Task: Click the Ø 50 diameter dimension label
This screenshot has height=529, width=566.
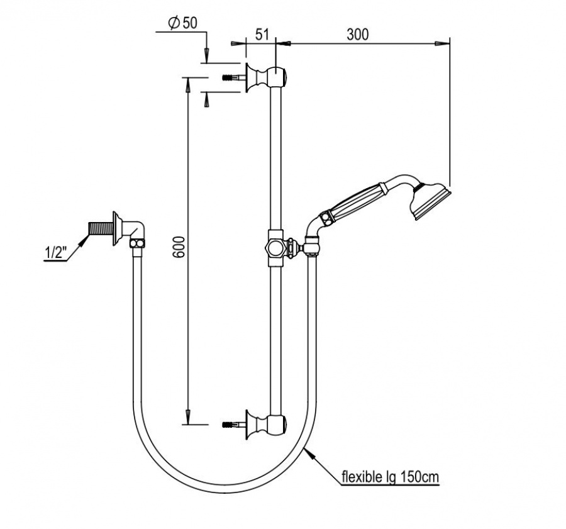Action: point(182,23)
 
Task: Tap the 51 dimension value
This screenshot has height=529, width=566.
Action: point(262,35)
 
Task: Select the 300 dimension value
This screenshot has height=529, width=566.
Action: point(358,35)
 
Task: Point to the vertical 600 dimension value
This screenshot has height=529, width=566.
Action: point(179,247)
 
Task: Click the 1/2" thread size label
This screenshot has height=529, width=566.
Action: point(56,252)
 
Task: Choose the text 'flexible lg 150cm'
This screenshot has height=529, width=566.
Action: point(390,477)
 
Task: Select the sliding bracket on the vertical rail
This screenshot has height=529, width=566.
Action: point(276,248)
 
